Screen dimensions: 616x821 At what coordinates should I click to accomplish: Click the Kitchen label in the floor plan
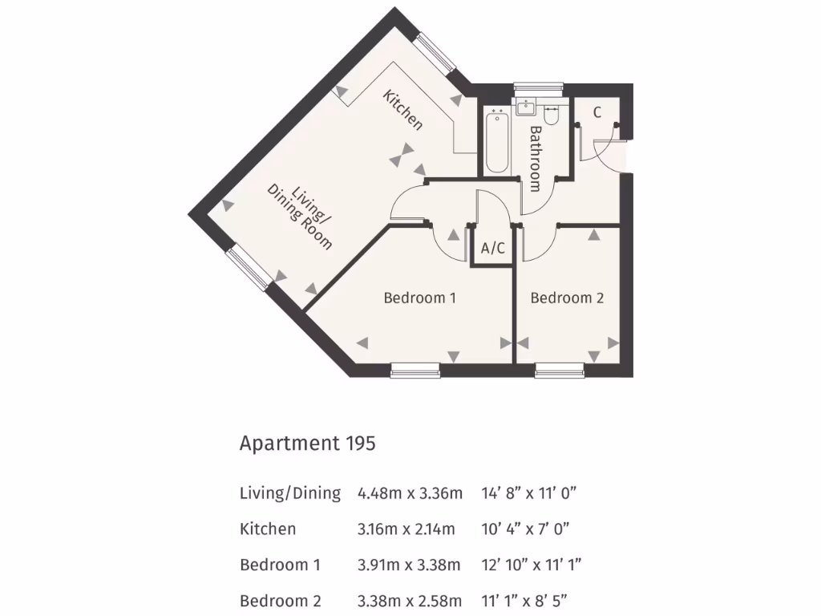402,111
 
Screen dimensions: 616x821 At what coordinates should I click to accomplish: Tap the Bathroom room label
535,158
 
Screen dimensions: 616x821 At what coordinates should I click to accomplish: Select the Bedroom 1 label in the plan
419,298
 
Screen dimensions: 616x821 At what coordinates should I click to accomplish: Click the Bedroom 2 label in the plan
567,298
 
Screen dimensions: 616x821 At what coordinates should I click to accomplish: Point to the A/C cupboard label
492,249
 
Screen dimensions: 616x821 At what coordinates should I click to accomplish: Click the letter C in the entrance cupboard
597,112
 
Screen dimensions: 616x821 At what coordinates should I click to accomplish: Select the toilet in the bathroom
551,114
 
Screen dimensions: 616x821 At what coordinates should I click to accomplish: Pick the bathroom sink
527,107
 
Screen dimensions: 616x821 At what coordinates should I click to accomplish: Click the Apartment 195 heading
307,443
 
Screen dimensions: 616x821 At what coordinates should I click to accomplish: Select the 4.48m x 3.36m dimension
410,493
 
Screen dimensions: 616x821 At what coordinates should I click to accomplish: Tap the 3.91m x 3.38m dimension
409,565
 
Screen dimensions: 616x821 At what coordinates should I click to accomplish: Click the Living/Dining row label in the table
290,493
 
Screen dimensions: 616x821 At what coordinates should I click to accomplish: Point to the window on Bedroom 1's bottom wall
415,370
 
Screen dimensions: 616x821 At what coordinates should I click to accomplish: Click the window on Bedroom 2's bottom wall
560,370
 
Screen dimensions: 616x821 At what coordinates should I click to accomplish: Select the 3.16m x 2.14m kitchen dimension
406,529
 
